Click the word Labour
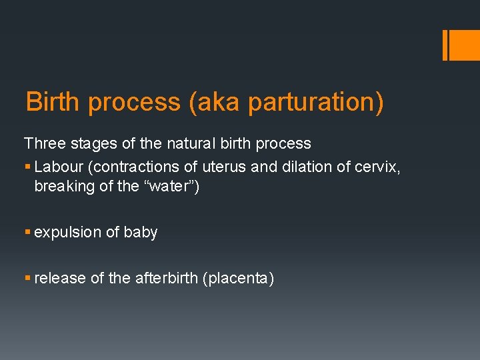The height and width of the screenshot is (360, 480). (57, 167)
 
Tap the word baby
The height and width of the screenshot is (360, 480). (141, 233)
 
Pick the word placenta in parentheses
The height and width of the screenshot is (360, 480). (237, 279)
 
